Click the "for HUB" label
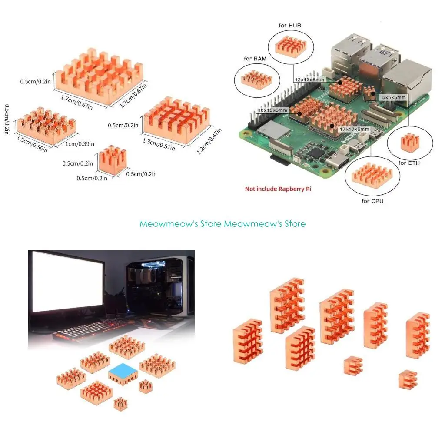pyautogui.click(x=290, y=26)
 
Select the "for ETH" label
pyautogui.click(x=409, y=163)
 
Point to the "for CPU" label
pyautogui.click(x=372, y=201)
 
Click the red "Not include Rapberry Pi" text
pyautogui.click(x=278, y=189)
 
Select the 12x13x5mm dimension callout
pyautogui.click(x=309, y=80)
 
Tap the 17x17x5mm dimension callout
pyautogui.click(x=355, y=129)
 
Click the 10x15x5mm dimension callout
pyautogui.click(x=273, y=110)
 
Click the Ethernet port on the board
pyautogui.click(x=410, y=78)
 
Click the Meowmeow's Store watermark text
pyautogui.click(x=222, y=224)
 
